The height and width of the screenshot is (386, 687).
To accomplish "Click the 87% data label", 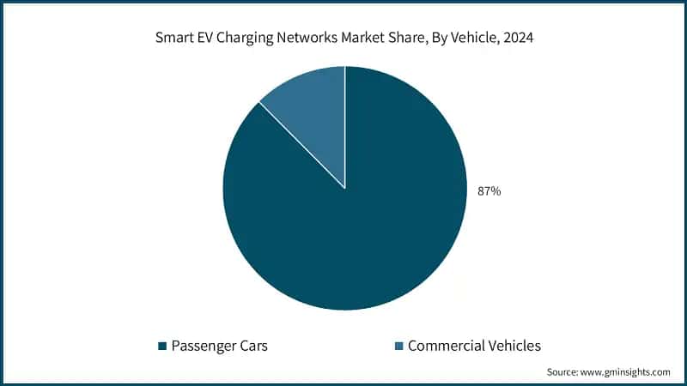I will [489, 191].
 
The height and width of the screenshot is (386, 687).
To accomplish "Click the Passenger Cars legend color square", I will [161, 347].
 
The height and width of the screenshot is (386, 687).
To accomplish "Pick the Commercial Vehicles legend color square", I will [398, 347].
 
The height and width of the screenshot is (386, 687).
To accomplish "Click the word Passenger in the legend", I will [204, 347].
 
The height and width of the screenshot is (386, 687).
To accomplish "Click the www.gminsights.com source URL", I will [628, 372].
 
